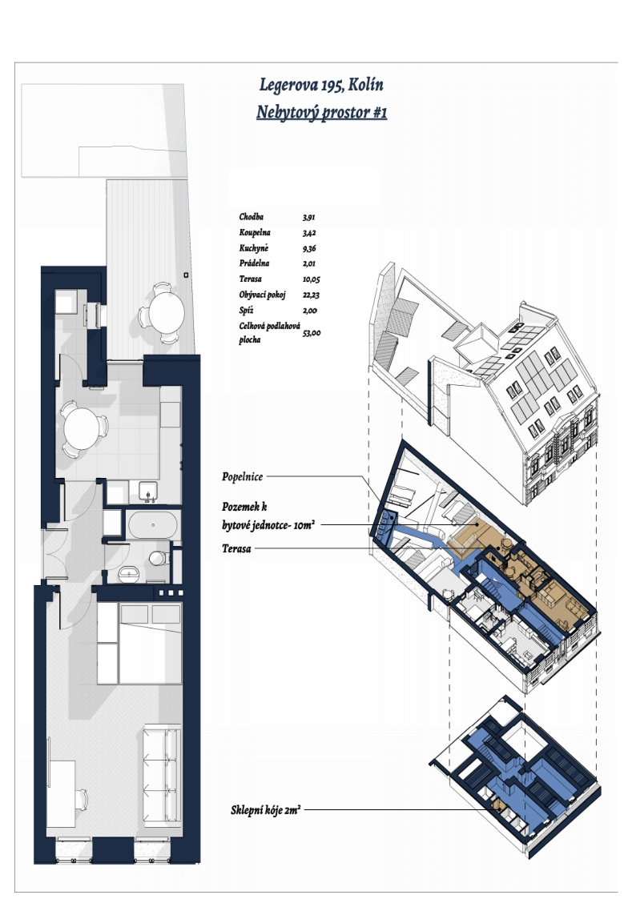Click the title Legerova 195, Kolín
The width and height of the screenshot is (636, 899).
pos(321,85)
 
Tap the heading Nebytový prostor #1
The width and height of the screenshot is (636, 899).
pos(321,112)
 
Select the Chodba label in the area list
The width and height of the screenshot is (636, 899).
pos(252,217)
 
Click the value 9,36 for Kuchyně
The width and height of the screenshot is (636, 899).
pos(309,249)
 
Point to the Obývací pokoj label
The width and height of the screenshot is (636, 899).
pos(262,295)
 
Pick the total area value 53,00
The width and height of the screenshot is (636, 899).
pos(312,333)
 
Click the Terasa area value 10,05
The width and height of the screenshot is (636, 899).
pos(311,280)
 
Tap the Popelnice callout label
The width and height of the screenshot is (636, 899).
pos(243,477)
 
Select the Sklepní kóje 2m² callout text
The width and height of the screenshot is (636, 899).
pos(265,810)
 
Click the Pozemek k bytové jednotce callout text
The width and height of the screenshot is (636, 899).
pos(268,516)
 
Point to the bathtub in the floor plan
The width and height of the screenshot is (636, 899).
pos(152,524)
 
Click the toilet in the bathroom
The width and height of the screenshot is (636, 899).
pos(159,557)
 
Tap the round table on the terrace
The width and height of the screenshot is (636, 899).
pos(167,312)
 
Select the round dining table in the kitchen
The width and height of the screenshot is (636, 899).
pos(81,429)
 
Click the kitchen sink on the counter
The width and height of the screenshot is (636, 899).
pos(148,492)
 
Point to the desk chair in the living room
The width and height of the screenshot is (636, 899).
pos(82,799)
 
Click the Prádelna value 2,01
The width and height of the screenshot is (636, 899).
pos(309,263)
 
